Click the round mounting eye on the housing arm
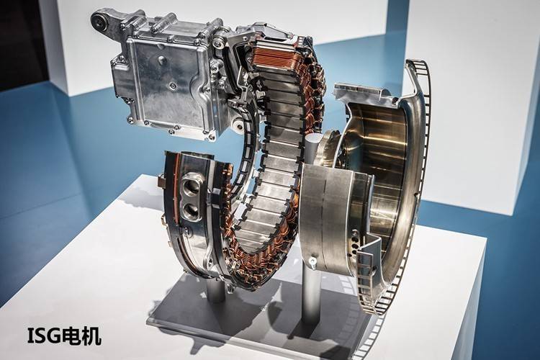[x=99, y=20]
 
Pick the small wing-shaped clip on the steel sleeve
[x=312, y=262]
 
